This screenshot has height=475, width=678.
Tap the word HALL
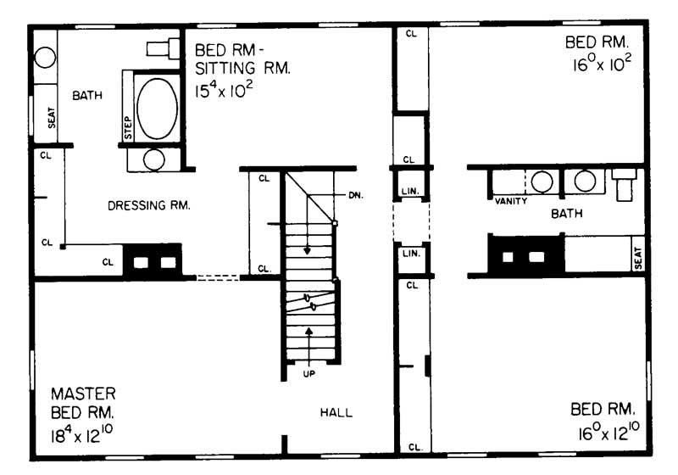click(336, 412)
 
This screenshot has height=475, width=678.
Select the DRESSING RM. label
click(148, 205)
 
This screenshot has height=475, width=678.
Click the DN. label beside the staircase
click(355, 195)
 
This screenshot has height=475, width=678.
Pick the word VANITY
click(511, 201)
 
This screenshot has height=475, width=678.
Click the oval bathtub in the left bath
click(158, 109)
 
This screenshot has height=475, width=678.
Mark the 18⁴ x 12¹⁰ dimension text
click(83, 439)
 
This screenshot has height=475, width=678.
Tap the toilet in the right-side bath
click(625, 182)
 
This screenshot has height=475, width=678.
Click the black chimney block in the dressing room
click(153, 262)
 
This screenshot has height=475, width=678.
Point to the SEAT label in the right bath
click(637, 258)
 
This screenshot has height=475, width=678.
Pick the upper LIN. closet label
click(408, 191)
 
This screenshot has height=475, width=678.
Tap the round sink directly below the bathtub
click(153, 159)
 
